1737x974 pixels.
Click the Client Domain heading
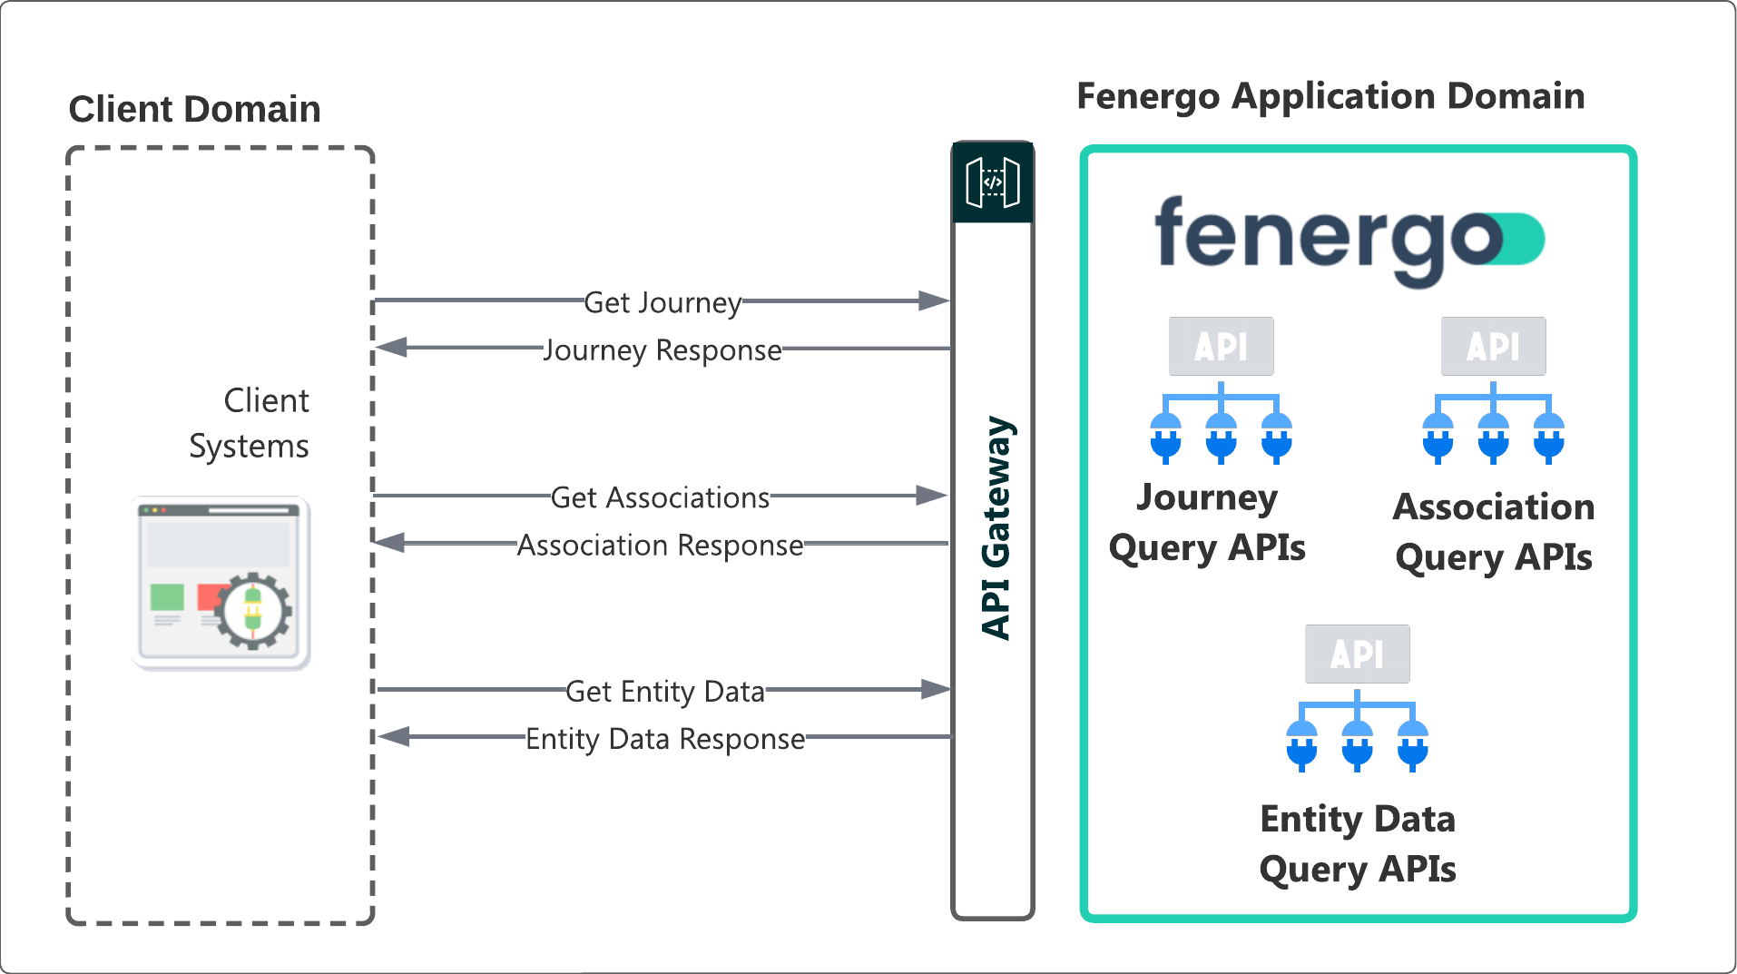pos(194,109)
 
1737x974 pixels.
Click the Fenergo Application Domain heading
pos(1330,96)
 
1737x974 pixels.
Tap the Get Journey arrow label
pos(662,302)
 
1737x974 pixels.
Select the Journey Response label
pos(662,350)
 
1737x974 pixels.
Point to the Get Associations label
pos(660,497)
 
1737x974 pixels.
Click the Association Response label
pos(660,546)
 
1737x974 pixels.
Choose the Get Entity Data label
pos(665,692)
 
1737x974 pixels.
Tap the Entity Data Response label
pos(665,739)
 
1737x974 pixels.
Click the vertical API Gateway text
pos(996,527)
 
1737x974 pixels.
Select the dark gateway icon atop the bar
pos(993,182)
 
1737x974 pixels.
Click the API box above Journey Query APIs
pos(1221,346)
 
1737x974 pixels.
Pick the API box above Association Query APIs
pos(1493,346)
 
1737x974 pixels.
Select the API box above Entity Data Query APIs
pos(1357,654)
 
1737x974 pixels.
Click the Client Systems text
pos(250,423)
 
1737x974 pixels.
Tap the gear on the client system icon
pos(253,610)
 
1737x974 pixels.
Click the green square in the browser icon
pos(167,597)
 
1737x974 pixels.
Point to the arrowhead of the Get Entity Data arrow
pos(935,689)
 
